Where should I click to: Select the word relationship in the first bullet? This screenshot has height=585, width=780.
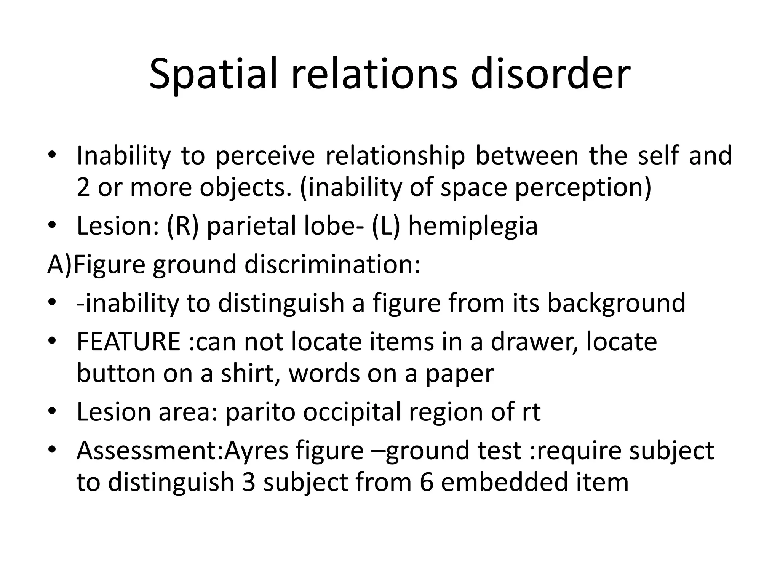[x=395, y=156]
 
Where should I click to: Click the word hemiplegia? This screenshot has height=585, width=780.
[x=473, y=226]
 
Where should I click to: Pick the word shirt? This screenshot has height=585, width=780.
[x=248, y=373]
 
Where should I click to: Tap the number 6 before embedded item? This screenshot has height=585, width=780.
[x=427, y=482]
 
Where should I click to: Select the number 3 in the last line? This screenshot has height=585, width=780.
[x=248, y=482]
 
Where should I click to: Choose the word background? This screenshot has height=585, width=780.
[x=616, y=303]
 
